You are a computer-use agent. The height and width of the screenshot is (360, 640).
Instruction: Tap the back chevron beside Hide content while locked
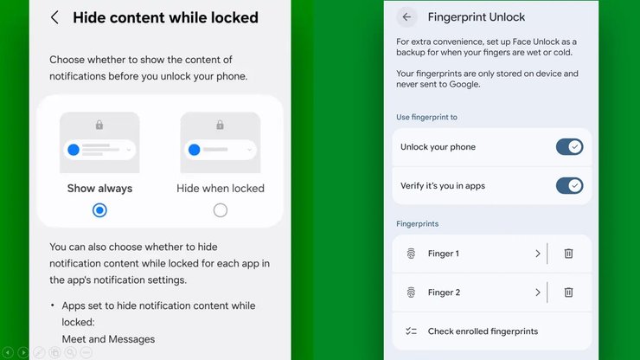coord(54,17)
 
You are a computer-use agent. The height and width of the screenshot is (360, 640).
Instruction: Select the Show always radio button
coord(99,210)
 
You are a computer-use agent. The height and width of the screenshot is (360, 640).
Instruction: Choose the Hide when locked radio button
coord(221,210)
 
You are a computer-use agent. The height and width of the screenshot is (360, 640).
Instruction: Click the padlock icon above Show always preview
coord(99,125)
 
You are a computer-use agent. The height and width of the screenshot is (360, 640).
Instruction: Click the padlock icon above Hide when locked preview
coord(220,125)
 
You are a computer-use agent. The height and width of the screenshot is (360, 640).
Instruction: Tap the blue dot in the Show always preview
coord(74,150)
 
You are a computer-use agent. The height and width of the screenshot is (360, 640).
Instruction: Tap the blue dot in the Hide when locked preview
coord(195,150)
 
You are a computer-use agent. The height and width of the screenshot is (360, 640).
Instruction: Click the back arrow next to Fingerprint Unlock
coord(406,16)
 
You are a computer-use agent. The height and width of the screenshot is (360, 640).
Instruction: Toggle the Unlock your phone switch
coord(569,147)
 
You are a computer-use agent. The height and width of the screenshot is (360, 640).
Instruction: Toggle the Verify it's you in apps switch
coord(569,186)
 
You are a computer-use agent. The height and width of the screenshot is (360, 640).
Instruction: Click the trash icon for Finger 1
coord(568,254)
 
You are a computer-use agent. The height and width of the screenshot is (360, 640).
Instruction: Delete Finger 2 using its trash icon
coord(568,292)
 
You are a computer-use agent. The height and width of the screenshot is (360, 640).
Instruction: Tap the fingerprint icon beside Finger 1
coord(411,254)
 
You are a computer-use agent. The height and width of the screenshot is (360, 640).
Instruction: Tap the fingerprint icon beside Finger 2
coord(411,292)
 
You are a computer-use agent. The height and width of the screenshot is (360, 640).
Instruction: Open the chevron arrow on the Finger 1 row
coord(538,254)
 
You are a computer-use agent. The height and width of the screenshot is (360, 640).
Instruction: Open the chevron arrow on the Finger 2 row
coord(538,292)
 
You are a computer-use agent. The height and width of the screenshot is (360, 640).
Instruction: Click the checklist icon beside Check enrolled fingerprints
coord(411,331)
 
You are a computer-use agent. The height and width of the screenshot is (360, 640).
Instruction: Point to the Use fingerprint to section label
coord(426,118)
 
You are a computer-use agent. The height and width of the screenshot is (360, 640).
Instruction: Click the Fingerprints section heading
coord(417,224)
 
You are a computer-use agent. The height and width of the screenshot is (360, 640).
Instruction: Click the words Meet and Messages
coord(108,339)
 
